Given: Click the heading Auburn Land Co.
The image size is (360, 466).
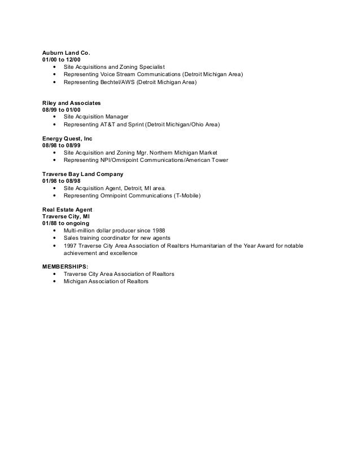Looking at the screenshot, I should (x=66, y=52).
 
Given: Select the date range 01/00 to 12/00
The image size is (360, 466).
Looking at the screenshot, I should (x=61, y=60).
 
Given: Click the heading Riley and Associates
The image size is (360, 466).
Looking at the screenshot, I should (x=71, y=103).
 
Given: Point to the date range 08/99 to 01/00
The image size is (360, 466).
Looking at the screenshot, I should (x=61, y=109).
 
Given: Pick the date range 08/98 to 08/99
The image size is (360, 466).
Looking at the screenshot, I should (x=61, y=145).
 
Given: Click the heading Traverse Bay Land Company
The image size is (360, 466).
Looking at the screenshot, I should (x=82, y=174).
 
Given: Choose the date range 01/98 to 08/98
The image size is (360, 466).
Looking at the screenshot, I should (x=61, y=181).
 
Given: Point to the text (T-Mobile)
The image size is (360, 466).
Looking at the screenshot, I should (x=186, y=196).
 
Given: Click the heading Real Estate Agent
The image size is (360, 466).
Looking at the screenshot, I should (x=67, y=210).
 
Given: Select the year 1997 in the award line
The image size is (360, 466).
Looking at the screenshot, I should (x=71, y=246).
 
